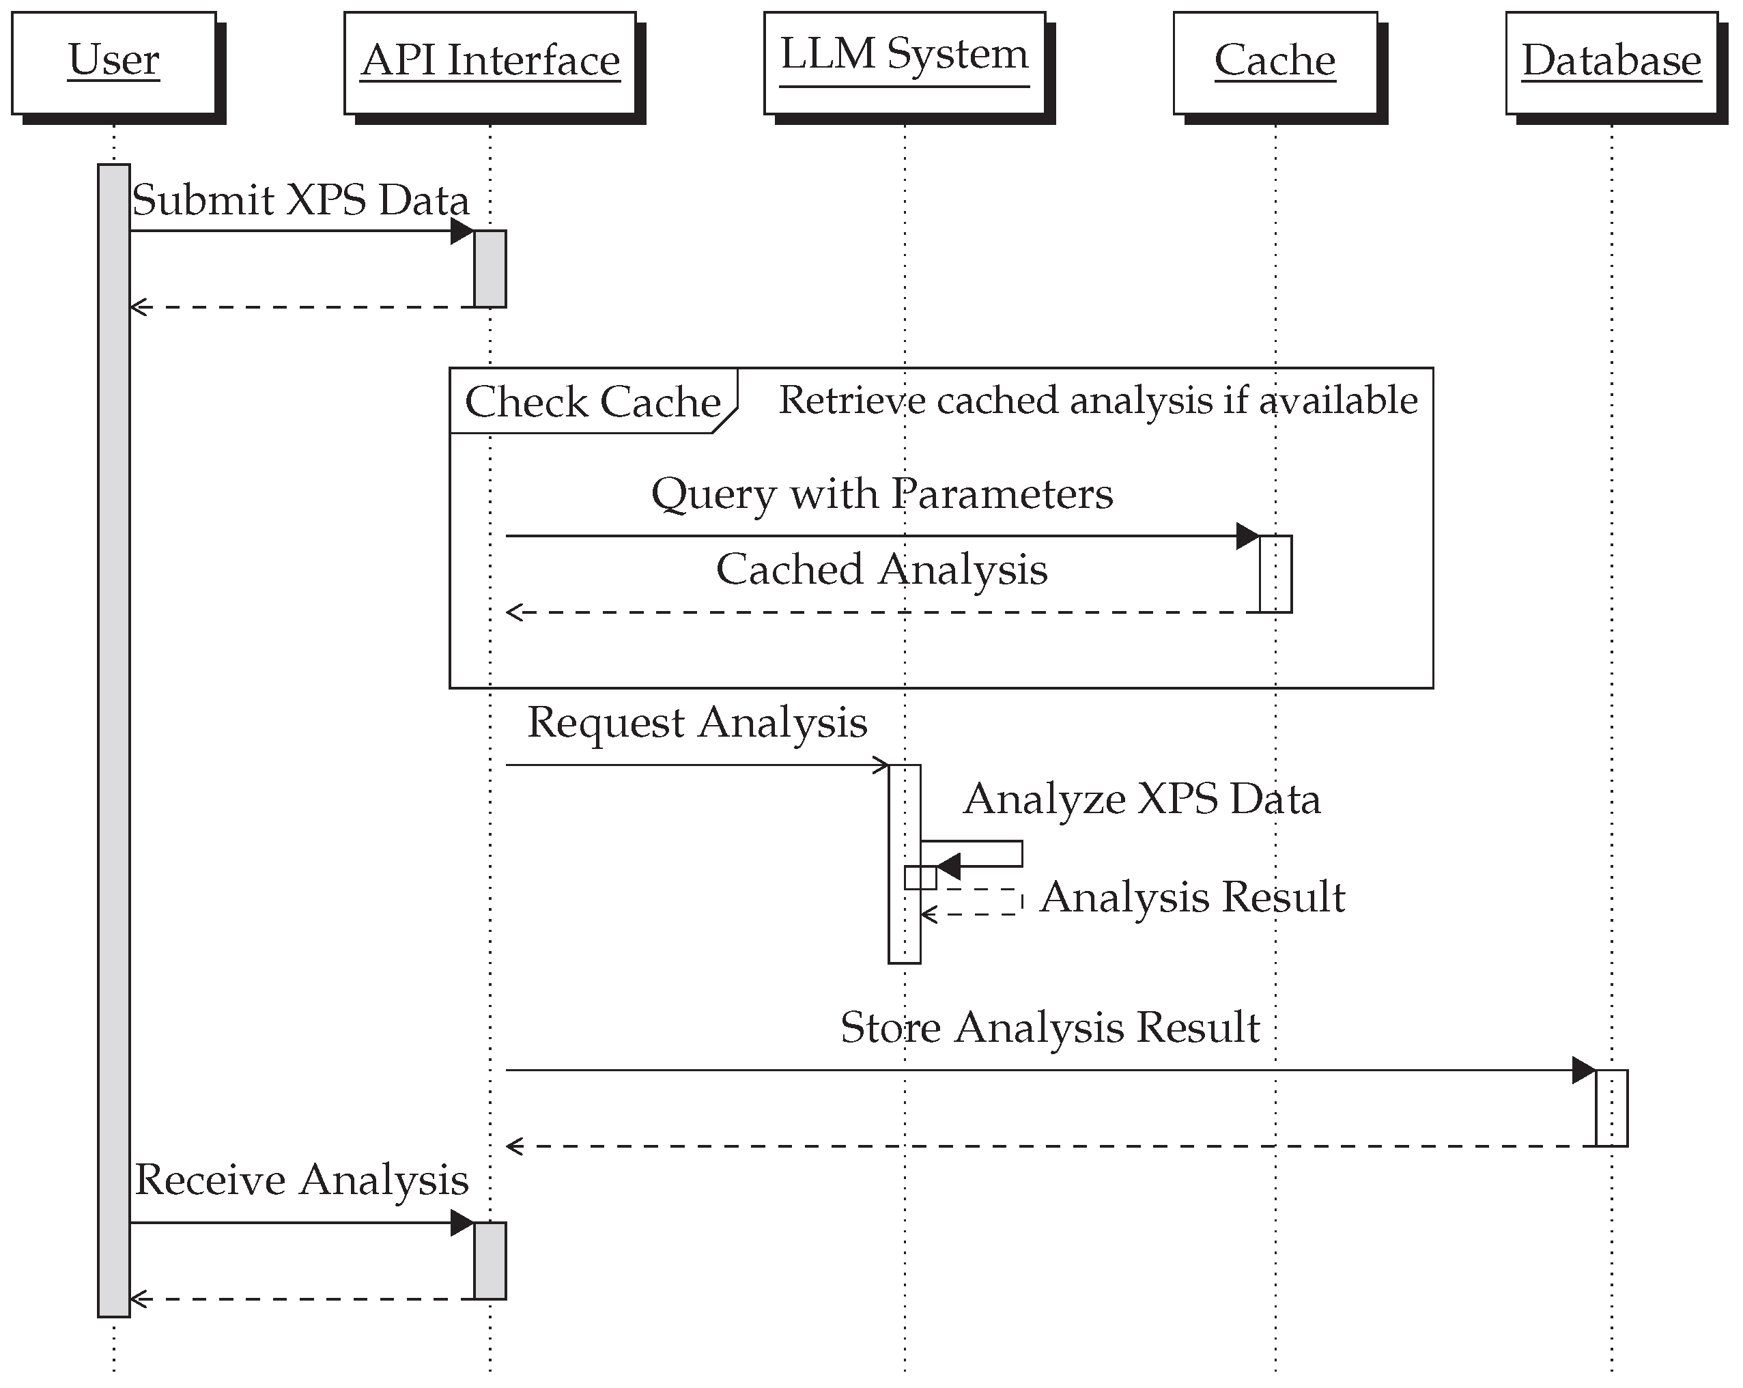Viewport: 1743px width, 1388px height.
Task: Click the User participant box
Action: (x=114, y=62)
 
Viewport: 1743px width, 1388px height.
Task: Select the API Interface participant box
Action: (x=490, y=62)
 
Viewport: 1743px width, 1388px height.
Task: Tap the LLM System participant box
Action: (x=904, y=62)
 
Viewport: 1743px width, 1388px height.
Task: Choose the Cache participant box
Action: (x=1275, y=62)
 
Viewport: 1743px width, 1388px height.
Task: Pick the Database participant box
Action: (x=1611, y=62)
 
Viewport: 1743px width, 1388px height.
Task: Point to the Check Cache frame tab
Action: (x=593, y=401)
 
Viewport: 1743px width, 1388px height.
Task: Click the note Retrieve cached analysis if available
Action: (x=1097, y=400)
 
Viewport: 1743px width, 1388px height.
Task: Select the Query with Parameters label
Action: (x=882, y=493)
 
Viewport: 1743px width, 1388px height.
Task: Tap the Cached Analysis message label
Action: (x=882, y=569)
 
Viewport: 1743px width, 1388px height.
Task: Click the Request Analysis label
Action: (x=697, y=722)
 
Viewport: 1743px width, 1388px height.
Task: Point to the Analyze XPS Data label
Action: (x=1142, y=799)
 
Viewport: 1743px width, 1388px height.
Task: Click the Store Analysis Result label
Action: (x=1049, y=1028)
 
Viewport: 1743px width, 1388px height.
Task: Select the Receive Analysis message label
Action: (x=302, y=1180)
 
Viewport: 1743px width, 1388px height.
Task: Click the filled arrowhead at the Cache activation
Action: (x=1247, y=536)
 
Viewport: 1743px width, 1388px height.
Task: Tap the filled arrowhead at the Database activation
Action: (x=1583, y=1071)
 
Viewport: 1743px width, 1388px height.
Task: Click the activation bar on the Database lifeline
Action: (x=1611, y=1108)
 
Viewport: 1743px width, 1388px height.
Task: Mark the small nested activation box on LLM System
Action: (x=920, y=877)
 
